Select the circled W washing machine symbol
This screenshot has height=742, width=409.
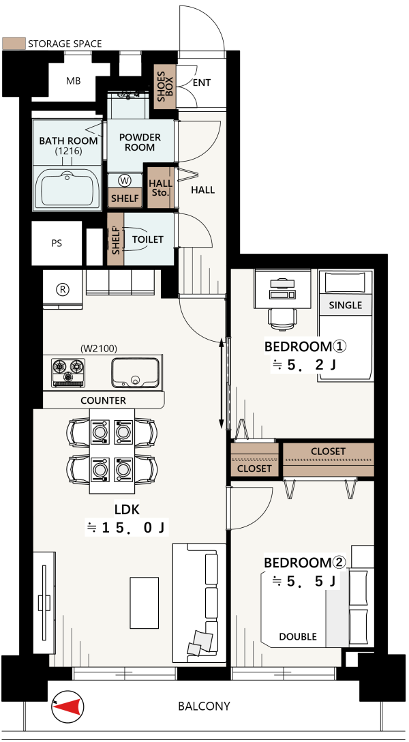[x=125, y=180]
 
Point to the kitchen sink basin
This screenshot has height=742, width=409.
[x=135, y=372]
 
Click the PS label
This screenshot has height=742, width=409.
[x=57, y=244]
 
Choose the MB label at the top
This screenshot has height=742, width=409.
[x=73, y=81]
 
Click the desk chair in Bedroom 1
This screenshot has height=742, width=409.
[x=283, y=316]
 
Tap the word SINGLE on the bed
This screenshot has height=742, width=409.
[x=345, y=306]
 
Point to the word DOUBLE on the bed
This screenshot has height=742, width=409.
[x=298, y=636]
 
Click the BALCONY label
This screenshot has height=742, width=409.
[x=204, y=707]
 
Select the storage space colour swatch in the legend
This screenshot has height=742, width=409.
[x=13, y=44]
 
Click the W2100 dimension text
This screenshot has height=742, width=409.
[x=98, y=348]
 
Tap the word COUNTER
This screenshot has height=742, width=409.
[x=103, y=401]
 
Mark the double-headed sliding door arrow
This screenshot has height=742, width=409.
[x=222, y=383]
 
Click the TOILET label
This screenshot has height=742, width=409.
[x=147, y=239]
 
